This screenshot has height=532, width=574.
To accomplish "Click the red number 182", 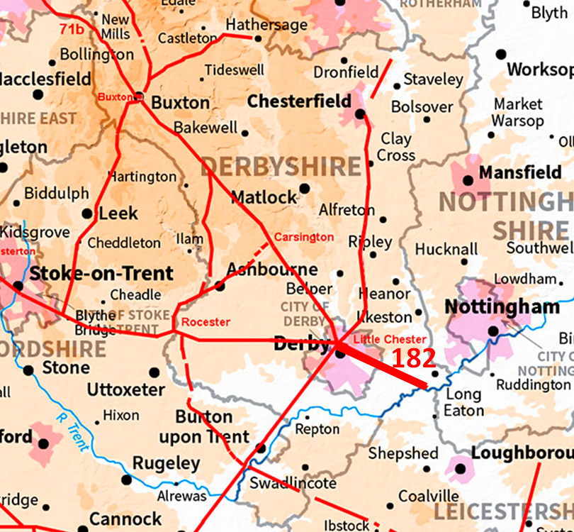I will click(x=413, y=358).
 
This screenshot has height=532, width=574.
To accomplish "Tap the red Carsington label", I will click(x=303, y=237).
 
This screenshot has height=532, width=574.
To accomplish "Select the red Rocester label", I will click(x=206, y=322).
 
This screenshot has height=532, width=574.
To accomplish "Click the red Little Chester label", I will click(x=390, y=340).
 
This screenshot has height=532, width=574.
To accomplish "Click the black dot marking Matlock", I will click(x=305, y=188).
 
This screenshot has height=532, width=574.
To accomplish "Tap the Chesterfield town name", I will click(x=298, y=101).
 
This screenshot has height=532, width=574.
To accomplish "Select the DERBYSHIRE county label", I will click(x=281, y=167).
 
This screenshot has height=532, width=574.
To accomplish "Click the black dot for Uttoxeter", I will click(x=154, y=372).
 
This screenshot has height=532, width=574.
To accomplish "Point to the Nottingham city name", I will click(x=502, y=307).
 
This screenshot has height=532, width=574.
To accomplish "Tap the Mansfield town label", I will click(x=520, y=172).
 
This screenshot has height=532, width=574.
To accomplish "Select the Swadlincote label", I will click(x=293, y=483).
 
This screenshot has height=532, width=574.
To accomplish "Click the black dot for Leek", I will click(x=87, y=213).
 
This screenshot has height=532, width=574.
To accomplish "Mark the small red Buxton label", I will click(x=116, y=97).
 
